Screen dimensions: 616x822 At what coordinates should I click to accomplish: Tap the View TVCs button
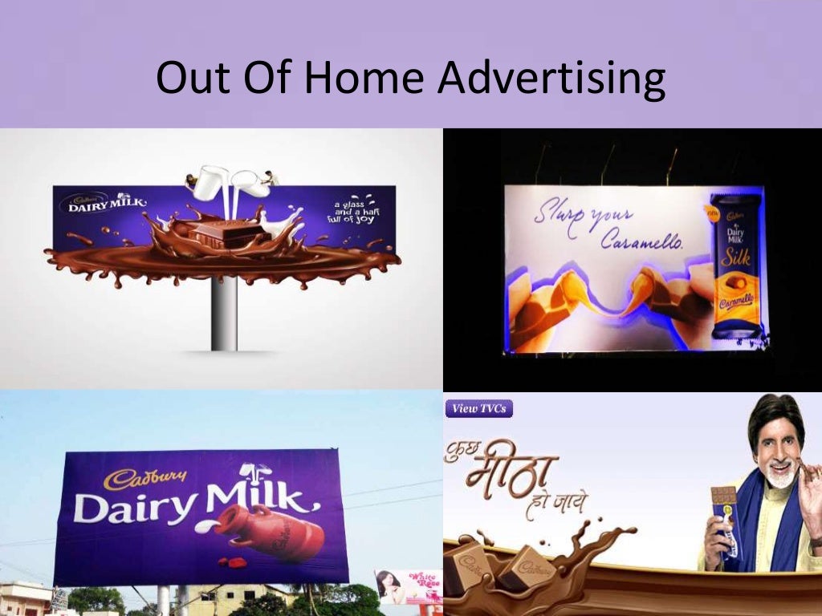click(x=478, y=408)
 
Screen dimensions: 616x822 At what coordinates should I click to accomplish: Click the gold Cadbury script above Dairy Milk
click(x=145, y=478)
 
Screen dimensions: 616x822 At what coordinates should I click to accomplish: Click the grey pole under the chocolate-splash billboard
click(x=225, y=313)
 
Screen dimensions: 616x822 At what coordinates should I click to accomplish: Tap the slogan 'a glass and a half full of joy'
click(x=355, y=213)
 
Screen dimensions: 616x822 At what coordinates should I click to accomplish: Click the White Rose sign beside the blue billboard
click(x=410, y=586)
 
